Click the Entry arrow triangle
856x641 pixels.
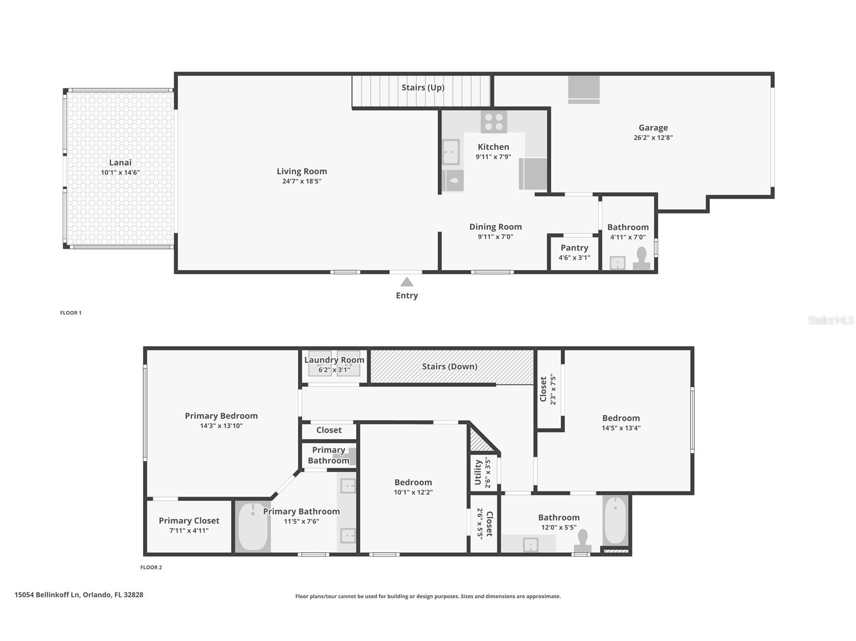(407, 282)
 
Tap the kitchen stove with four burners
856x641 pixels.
(493, 122)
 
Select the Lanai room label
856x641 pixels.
(120, 162)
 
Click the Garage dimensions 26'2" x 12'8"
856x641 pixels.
(653, 138)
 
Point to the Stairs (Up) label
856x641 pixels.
(423, 88)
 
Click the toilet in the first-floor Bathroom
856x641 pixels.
(642, 258)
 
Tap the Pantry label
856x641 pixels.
(574, 248)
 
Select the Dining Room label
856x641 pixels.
(495, 227)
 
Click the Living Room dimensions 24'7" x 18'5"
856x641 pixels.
(302, 181)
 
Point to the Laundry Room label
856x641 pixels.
(334, 360)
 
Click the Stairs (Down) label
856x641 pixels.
(449, 366)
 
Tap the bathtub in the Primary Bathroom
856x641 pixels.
(253, 527)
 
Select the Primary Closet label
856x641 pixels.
(189, 521)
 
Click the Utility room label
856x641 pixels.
(478, 472)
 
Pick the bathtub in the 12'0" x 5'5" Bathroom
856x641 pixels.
(615, 521)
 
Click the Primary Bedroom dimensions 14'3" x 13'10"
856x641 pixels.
(221, 426)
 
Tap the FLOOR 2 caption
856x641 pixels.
(151, 567)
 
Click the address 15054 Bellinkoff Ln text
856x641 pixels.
(47, 595)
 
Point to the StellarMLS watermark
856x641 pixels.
(831, 320)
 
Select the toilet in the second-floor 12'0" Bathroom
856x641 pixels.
(583, 541)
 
